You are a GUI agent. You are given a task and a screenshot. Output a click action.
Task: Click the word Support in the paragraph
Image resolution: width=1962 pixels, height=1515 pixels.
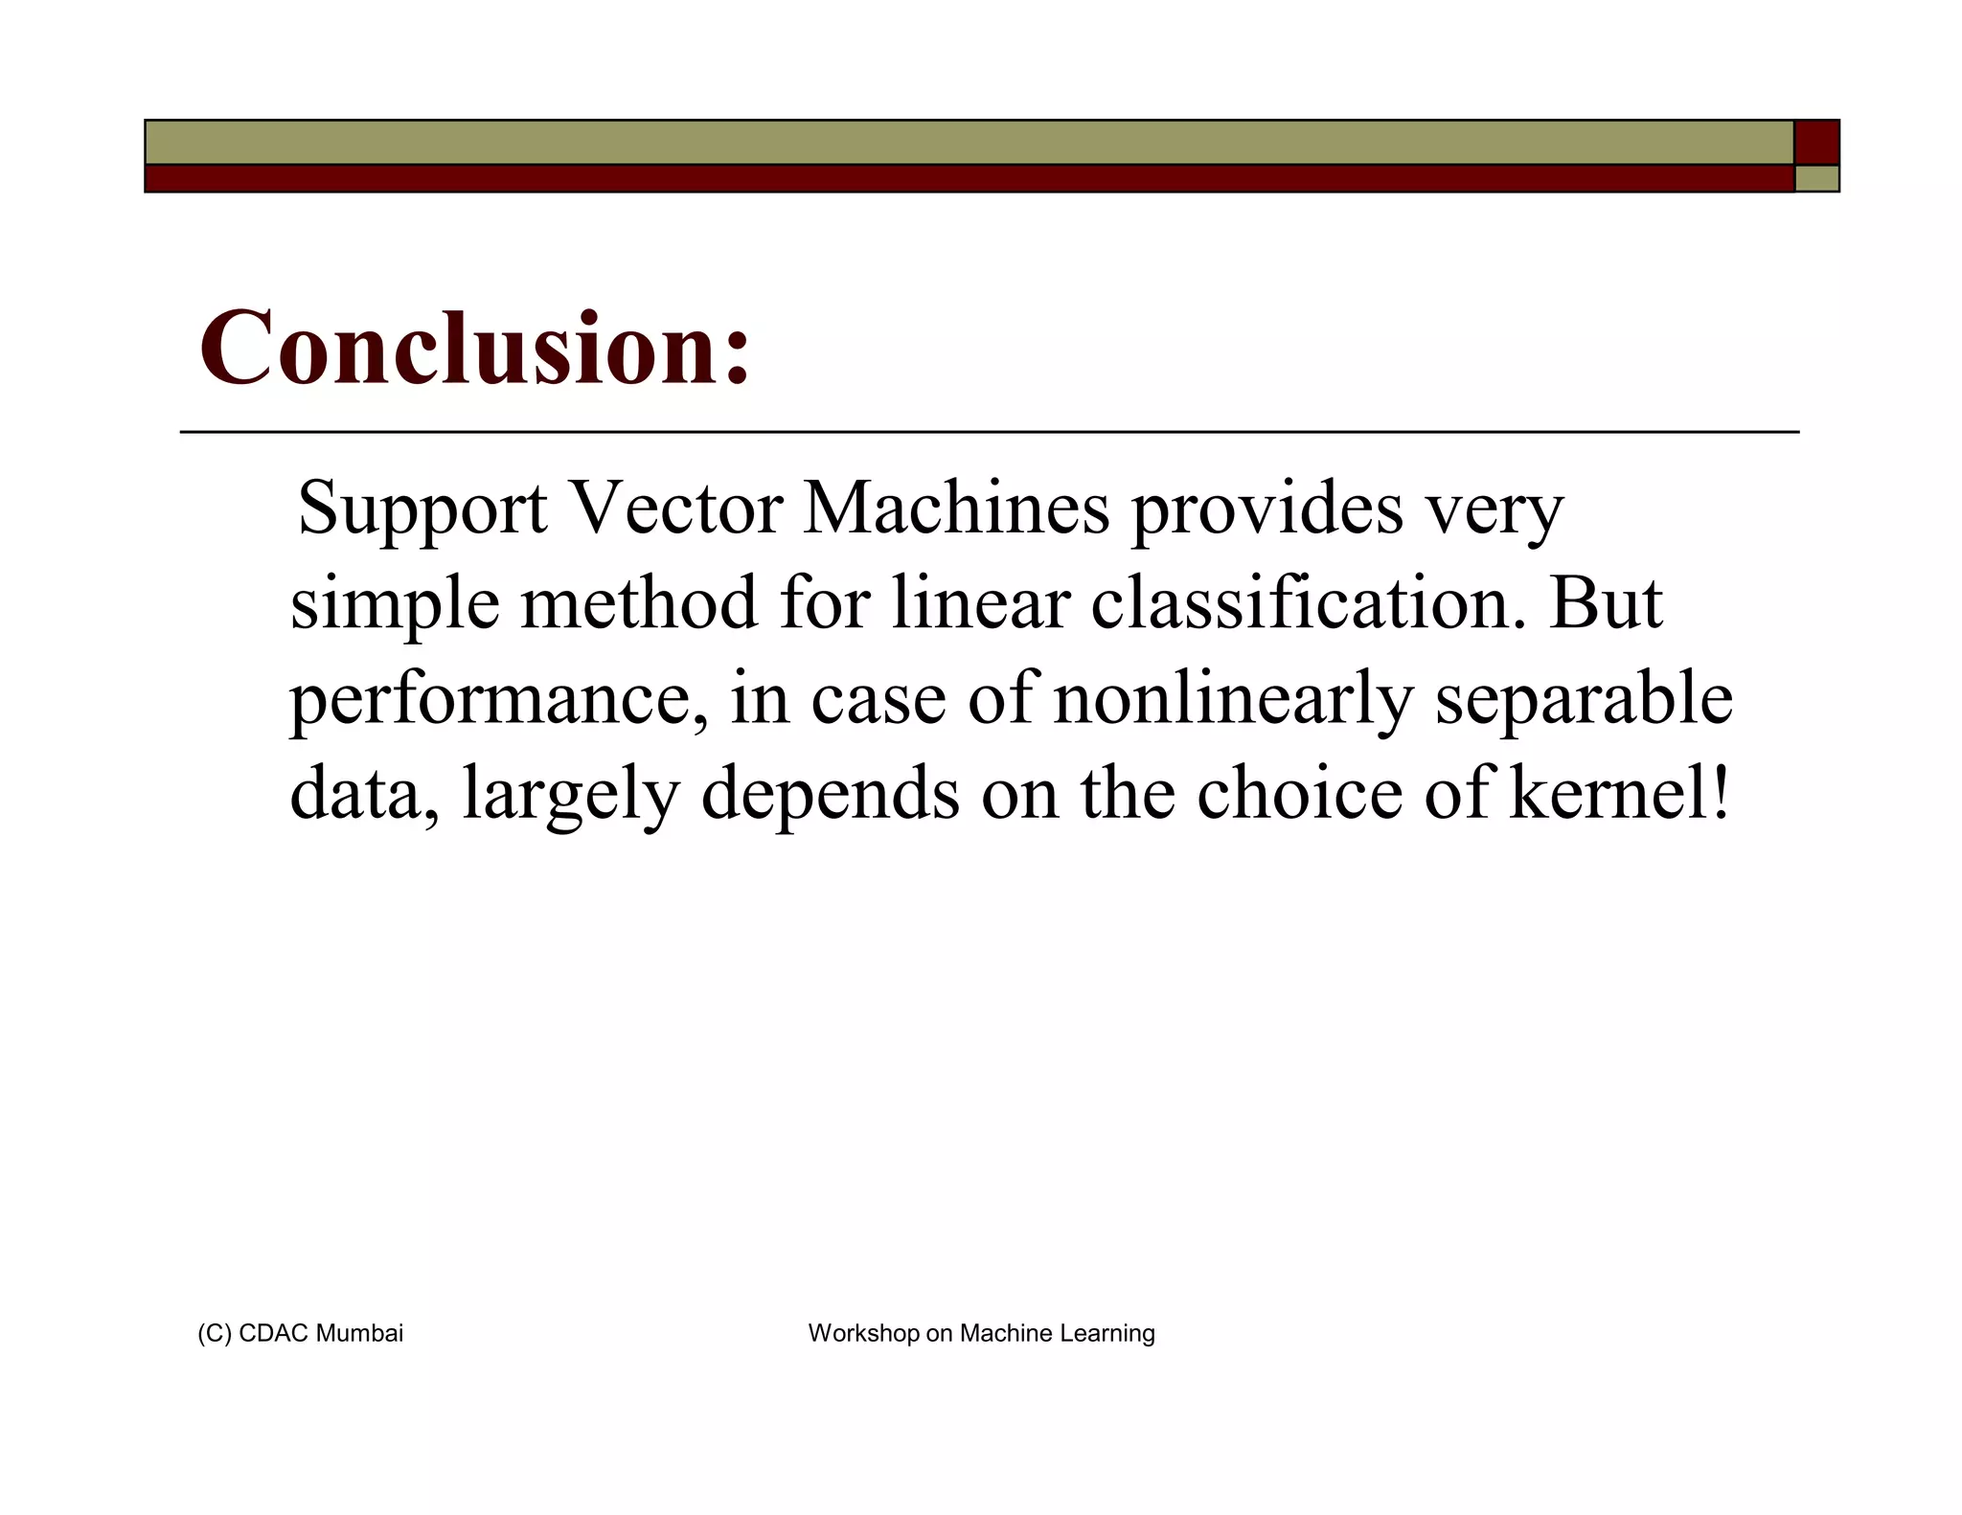(422, 509)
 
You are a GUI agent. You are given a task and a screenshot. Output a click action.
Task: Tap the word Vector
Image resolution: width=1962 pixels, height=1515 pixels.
(675, 509)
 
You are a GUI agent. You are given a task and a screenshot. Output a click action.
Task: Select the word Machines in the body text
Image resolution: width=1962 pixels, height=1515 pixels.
(956, 509)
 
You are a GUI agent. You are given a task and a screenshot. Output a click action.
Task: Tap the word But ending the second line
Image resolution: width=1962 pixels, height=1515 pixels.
(1606, 603)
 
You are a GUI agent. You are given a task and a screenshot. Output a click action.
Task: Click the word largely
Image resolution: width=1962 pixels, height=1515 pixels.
(571, 795)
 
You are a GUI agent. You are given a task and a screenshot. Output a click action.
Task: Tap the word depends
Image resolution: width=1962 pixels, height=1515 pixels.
(830, 795)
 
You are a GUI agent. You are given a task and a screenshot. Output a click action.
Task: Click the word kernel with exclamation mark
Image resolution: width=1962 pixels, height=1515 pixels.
(1620, 793)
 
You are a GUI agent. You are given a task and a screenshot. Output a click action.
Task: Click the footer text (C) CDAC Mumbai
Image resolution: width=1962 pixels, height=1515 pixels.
(300, 1333)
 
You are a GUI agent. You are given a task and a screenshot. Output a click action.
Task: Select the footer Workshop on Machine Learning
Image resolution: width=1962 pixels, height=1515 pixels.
(981, 1333)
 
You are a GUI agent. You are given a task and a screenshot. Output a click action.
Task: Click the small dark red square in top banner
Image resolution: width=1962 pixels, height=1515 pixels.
(1816, 142)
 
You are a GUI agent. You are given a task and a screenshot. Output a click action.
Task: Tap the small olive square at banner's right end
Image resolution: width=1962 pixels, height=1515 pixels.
(1816, 178)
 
